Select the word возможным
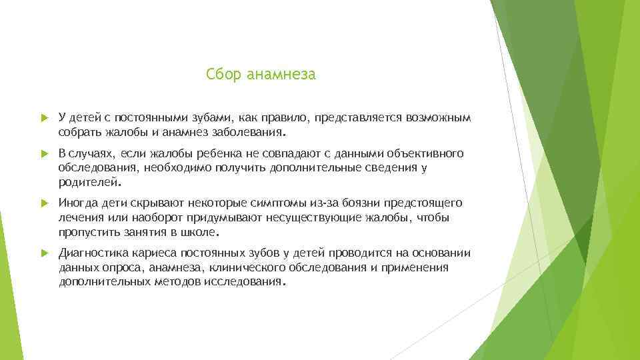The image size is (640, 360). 437,118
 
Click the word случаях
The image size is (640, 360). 93,155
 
